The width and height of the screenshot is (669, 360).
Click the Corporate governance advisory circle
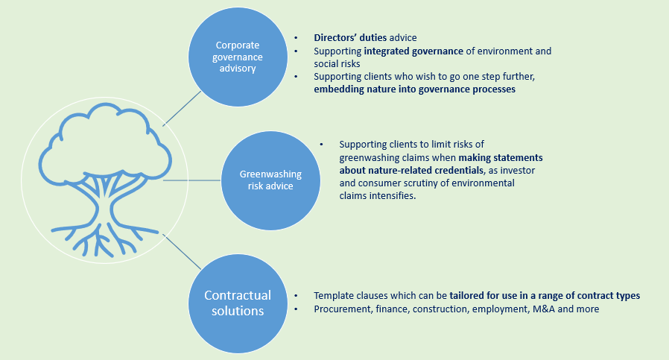237,57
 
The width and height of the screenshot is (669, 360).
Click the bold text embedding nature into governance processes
415,89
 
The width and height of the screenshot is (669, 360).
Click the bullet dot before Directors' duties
297,37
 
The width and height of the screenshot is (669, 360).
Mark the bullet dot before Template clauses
297,296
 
